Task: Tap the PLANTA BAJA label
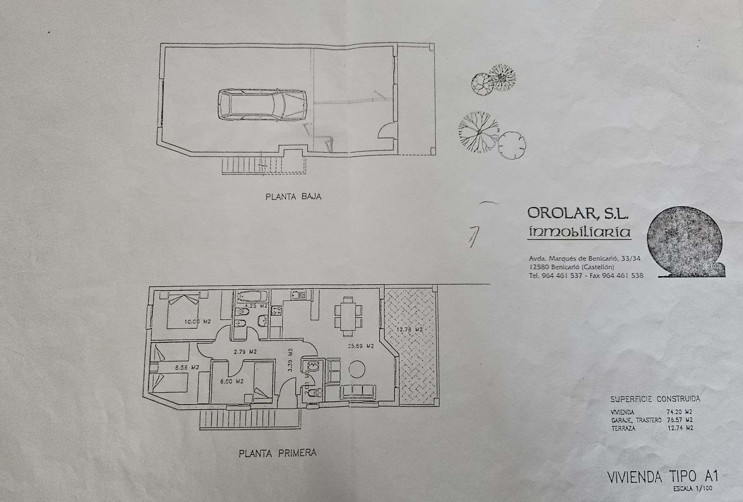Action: pyautogui.click(x=293, y=196)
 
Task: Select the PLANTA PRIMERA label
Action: pyautogui.click(x=277, y=453)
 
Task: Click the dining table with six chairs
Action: pyautogui.click(x=346, y=317)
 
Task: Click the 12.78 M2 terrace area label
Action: pyautogui.click(x=409, y=330)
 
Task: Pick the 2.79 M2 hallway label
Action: pyautogui.click(x=246, y=352)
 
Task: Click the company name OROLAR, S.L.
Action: pyautogui.click(x=578, y=213)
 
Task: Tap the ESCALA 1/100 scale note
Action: pyautogui.click(x=692, y=489)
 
